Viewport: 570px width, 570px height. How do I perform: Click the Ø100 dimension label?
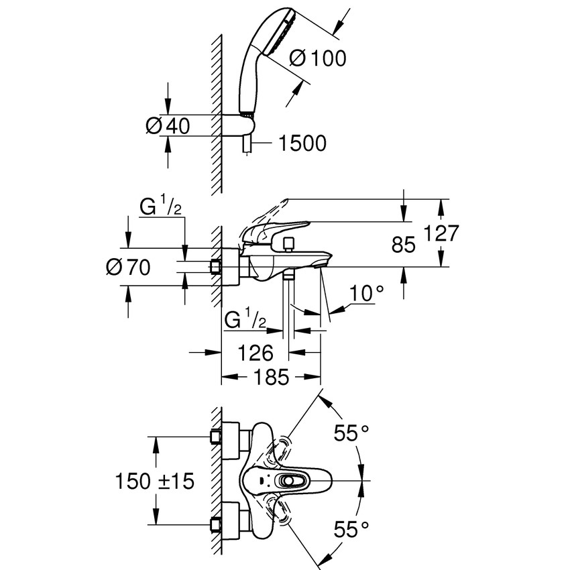(318, 58)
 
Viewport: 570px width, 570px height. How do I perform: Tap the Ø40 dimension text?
(168, 125)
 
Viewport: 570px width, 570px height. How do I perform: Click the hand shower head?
(271, 40)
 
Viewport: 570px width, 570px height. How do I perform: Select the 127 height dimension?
(441, 233)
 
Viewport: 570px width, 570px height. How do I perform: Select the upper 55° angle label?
(353, 435)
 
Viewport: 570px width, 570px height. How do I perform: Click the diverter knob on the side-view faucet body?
(289, 243)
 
